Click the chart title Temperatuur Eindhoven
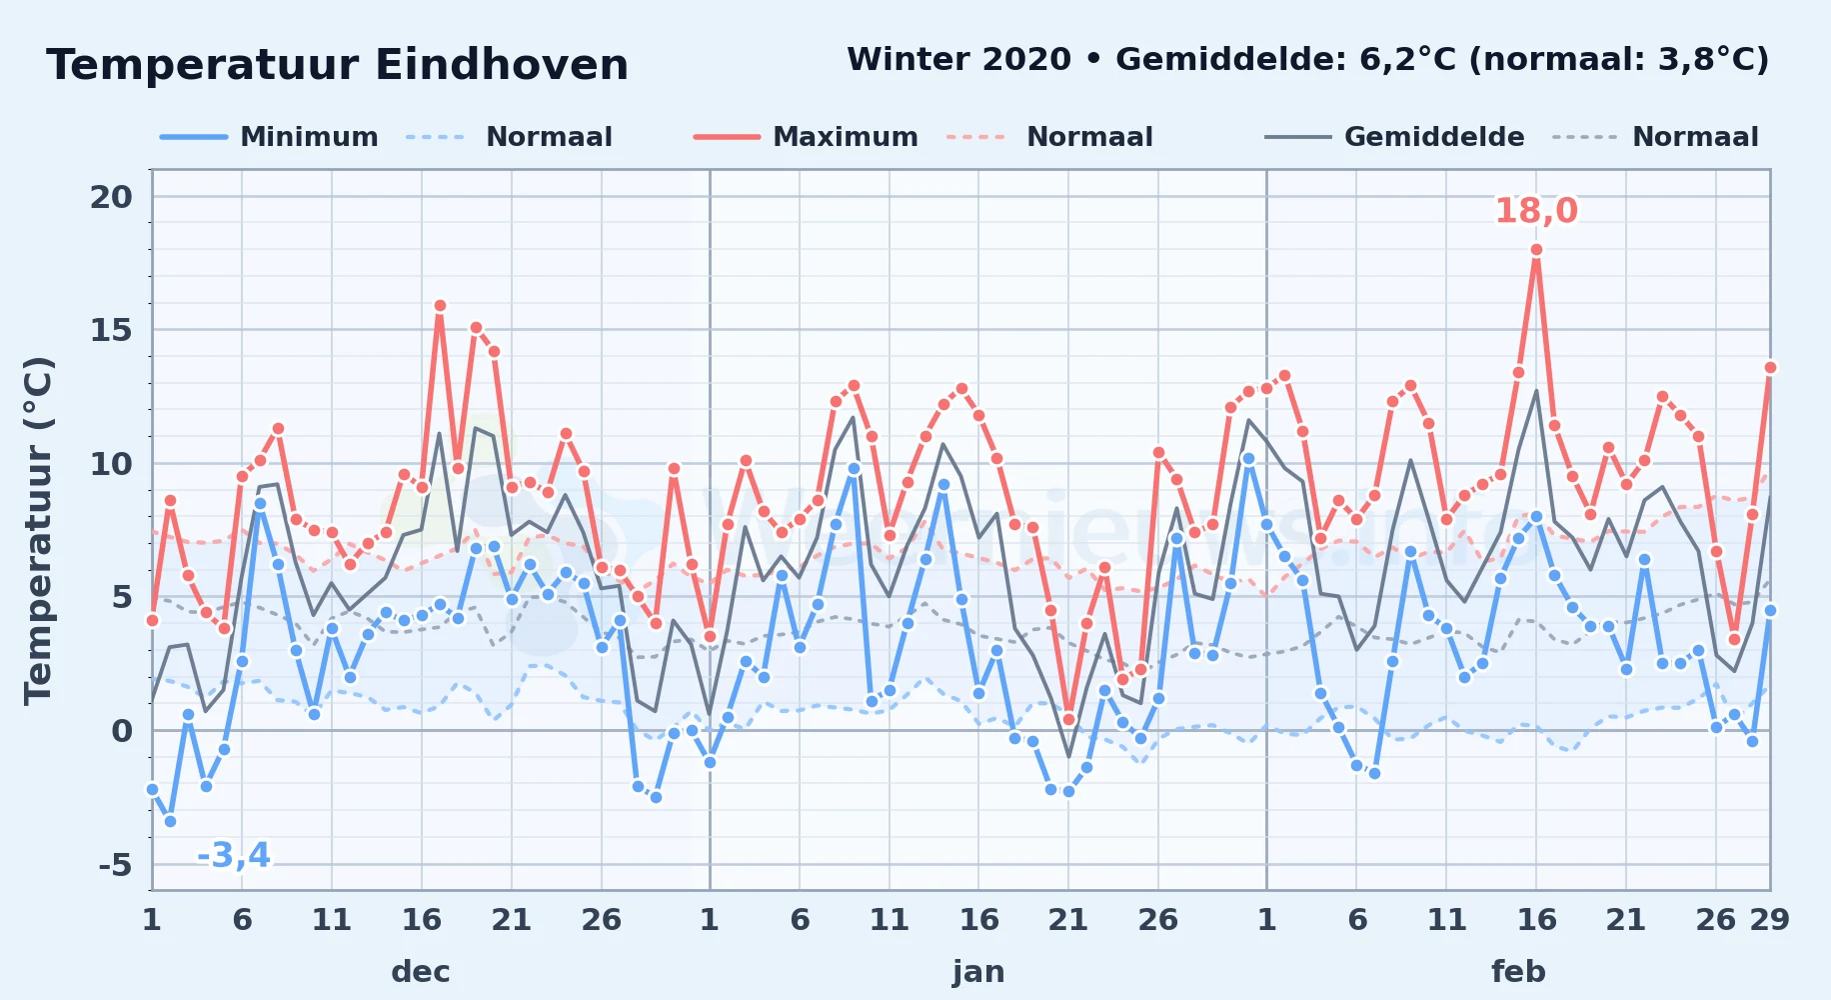[x=338, y=65]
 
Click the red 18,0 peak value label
[x=1536, y=211]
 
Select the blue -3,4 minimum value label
[x=234, y=855]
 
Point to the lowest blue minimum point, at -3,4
[x=170, y=821]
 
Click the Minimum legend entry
[x=269, y=137]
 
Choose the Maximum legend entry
[x=806, y=137]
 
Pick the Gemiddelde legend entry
[x=1394, y=137]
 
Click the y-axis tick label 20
[x=111, y=197]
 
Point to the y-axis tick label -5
[x=115, y=864]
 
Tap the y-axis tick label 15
[x=111, y=330]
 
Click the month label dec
[x=421, y=971]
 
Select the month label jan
[x=978, y=971]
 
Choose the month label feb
[x=1518, y=971]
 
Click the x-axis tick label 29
[x=1769, y=919]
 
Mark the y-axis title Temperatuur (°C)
[x=38, y=530]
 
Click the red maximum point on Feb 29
[x=1770, y=367]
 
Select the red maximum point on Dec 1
[x=152, y=620]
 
